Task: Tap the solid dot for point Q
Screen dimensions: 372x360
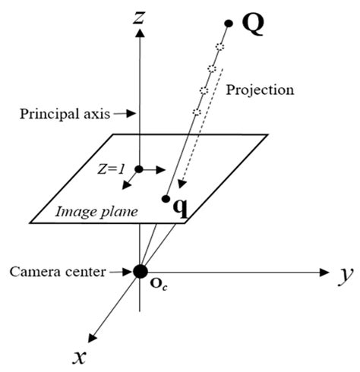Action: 229,24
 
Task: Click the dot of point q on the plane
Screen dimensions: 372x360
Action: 166,199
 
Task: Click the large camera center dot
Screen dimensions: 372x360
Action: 140,271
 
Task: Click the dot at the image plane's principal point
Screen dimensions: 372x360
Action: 140,169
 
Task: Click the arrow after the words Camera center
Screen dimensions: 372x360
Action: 122,270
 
